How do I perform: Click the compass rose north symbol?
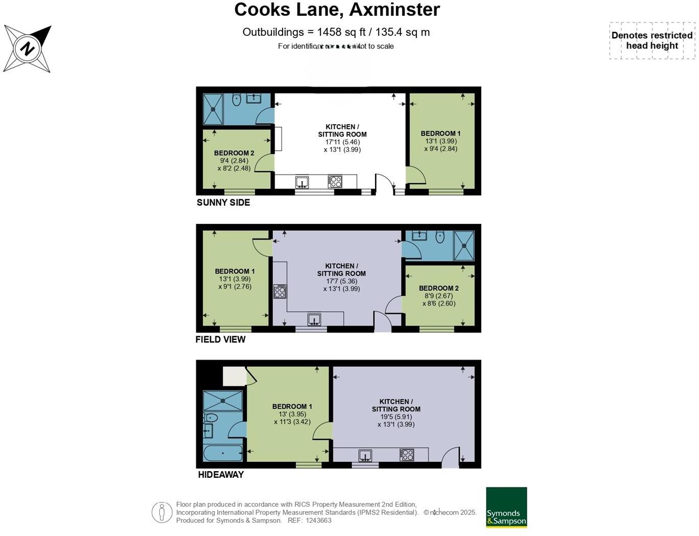click(28, 49)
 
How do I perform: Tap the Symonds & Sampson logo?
click(506, 507)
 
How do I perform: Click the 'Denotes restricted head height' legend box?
click(651, 40)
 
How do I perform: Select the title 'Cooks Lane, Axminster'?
click(337, 10)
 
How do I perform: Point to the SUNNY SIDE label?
click(223, 202)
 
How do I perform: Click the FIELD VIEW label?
click(220, 339)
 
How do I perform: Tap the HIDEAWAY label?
click(221, 475)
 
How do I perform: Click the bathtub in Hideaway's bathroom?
click(223, 453)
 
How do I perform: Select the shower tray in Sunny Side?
click(213, 109)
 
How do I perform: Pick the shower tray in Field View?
click(464, 246)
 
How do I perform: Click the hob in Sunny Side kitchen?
click(335, 181)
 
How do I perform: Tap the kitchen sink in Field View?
click(314, 320)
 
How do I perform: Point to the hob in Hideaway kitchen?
click(407, 455)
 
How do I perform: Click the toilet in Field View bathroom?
click(440, 237)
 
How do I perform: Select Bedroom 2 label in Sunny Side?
click(234, 153)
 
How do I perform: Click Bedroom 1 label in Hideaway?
click(292, 407)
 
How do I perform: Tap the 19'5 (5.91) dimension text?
click(396, 416)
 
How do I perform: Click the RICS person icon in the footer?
click(161, 512)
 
